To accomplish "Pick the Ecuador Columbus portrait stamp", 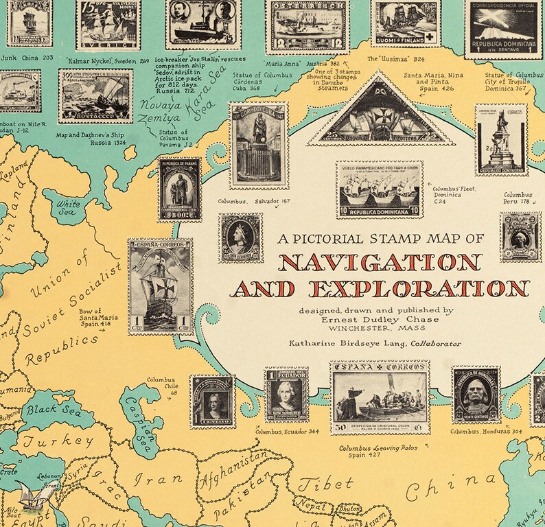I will point(286,395).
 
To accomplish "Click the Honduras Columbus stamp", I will point(475,395).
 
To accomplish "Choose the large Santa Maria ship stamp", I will point(161,286).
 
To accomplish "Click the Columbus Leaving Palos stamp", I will point(380,399).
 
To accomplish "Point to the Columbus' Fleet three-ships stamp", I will point(380,190).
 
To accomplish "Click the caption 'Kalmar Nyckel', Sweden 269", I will point(104,60).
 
